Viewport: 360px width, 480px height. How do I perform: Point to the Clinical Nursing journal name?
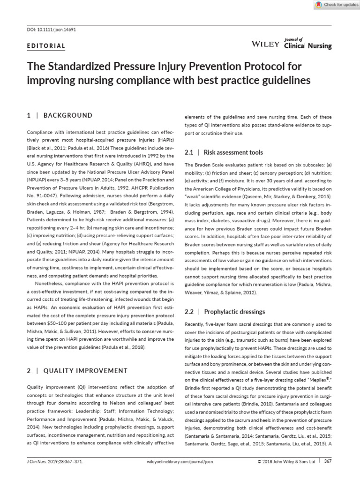(308, 46)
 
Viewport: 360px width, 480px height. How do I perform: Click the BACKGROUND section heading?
(67, 115)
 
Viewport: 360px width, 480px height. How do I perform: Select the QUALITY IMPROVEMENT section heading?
(85, 370)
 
